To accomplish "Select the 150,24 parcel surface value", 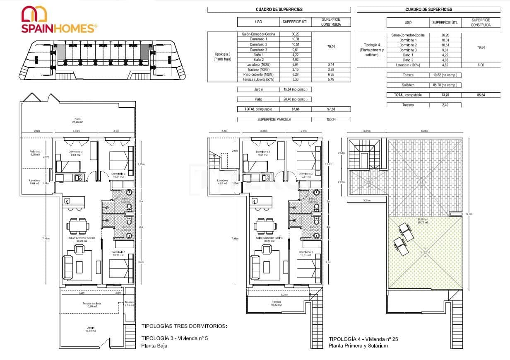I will pyautogui.click(x=331, y=119).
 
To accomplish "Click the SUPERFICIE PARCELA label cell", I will pyautogui.click(x=274, y=119).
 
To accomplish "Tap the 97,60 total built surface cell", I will pyautogui.click(x=331, y=109).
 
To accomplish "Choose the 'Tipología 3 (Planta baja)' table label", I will pyautogui.click(x=222, y=56).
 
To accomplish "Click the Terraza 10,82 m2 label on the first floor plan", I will pyautogui.click(x=276, y=303).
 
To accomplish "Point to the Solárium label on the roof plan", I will pyautogui.click(x=423, y=220).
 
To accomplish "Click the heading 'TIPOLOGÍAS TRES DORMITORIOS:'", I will pyautogui.click(x=184, y=326).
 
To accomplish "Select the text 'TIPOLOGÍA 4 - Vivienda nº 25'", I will pyautogui.click(x=363, y=339).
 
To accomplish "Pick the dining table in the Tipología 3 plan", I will pyautogui.click(x=77, y=226).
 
